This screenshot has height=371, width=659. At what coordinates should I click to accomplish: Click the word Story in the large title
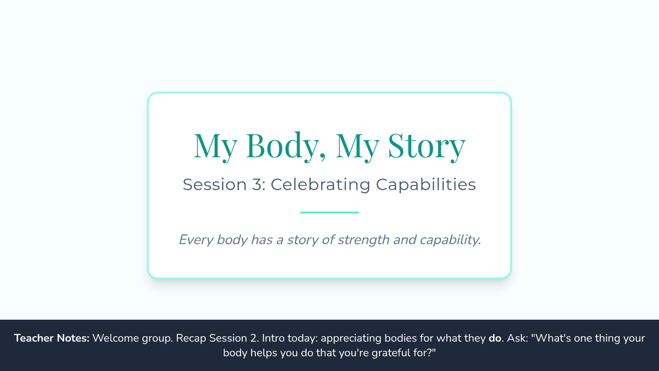pyautogui.click(x=427, y=146)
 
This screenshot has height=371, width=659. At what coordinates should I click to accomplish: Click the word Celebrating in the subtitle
pyautogui.click(x=320, y=185)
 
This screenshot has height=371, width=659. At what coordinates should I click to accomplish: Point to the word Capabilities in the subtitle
pyautogui.click(x=426, y=185)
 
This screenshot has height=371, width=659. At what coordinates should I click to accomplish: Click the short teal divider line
pyautogui.click(x=329, y=212)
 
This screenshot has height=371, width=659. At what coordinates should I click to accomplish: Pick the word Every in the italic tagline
pyautogui.click(x=196, y=240)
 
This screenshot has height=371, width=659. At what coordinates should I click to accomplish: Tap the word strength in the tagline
pyautogui.click(x=364, y=240)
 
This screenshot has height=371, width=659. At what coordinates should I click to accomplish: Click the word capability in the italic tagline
pyautogui.click(x=450, y=240)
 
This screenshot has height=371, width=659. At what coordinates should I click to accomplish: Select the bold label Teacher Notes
pyautogui.click(x=52, y=338)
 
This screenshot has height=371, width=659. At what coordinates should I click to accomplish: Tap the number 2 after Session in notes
pyautogui.click(x=254, y=338)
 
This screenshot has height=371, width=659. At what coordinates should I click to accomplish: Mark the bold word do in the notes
pyautogui.click(x=495, y=338)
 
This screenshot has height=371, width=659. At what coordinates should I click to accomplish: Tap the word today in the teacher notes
pyautogui.click(x=303, y=339)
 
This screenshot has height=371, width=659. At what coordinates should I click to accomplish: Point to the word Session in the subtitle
pyautogui.click(x=215, y=185)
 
